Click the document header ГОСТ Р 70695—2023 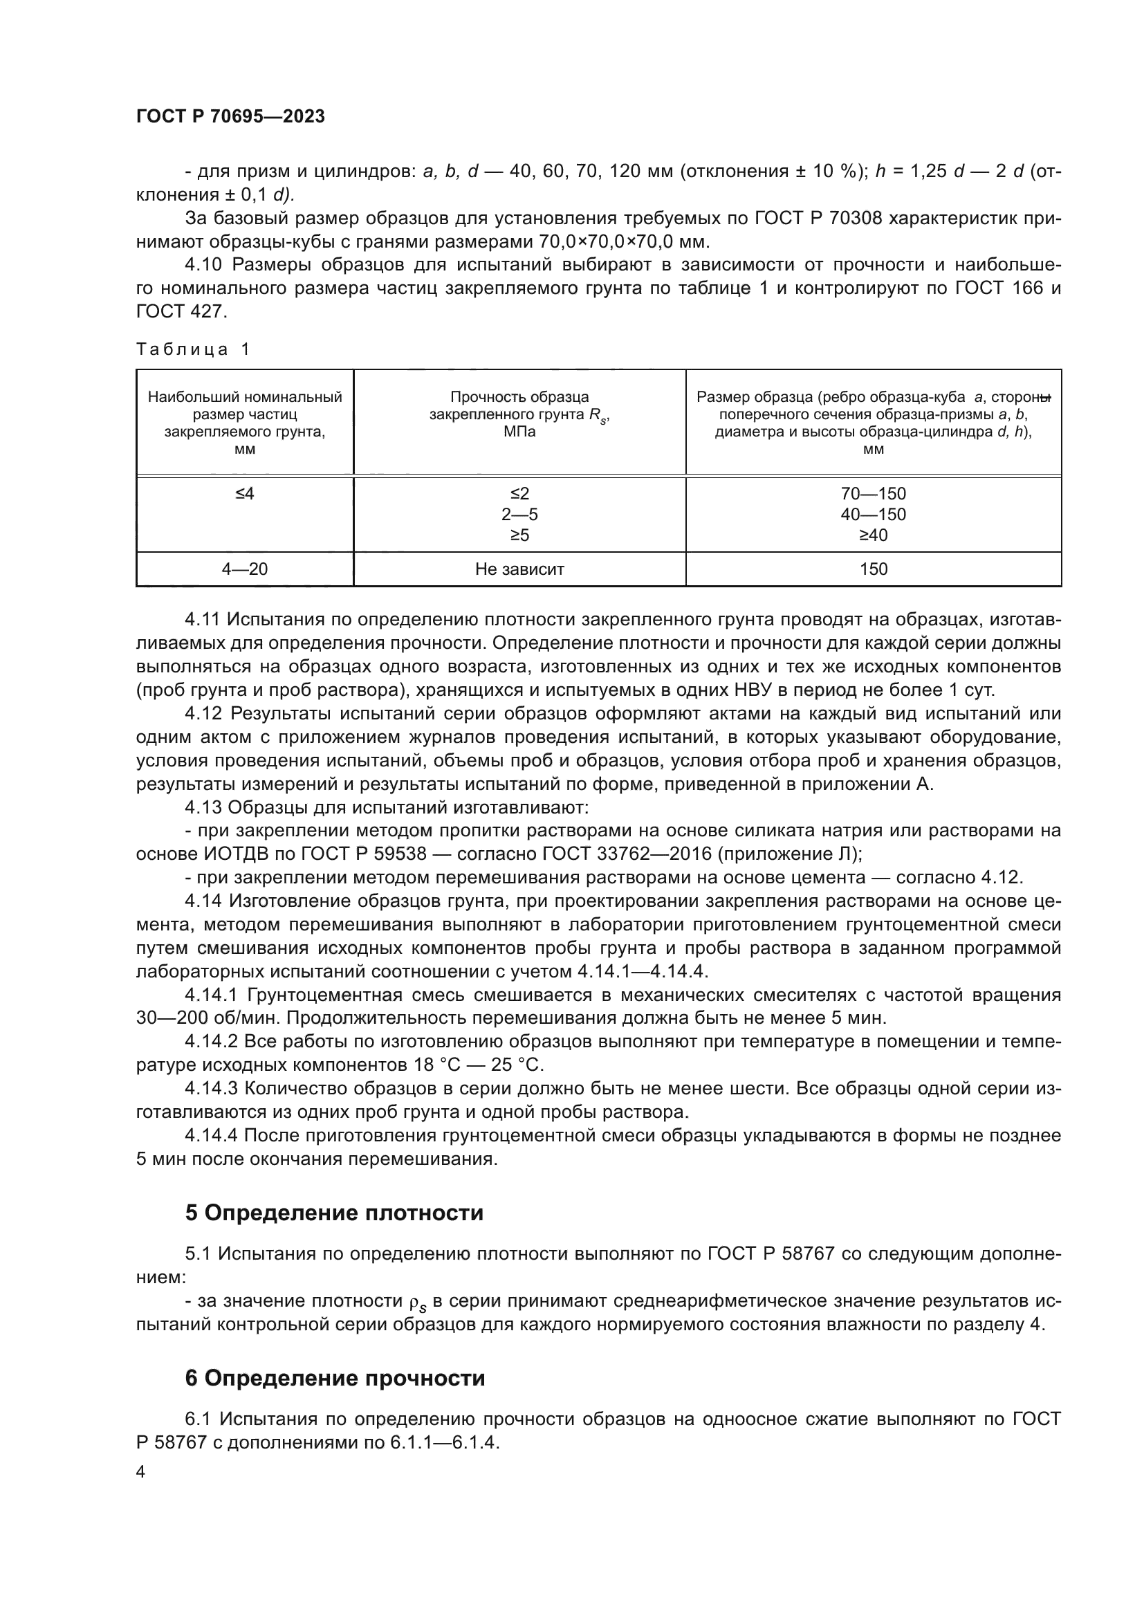pyautogui.click(x=230, y=117)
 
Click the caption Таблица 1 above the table pyautogui.click(x=193, y=349)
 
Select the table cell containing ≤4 pyautogui.click(x=244, y=494)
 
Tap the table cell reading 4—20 pyautogui.click(x=244, y=569)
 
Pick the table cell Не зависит pyautogui.click(x=519, y=569)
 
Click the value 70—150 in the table pyautogui.click(x=873, y=494)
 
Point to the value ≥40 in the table pyautogui.click(x=873, y=535)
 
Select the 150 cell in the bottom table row pyautogui.click(x=873, y=569)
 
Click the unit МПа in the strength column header pyautogui.click(x=519, y=432)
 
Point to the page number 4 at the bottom pyautogui.click(x=140, y=1472)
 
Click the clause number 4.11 pyautogui.click(x=203, y=619)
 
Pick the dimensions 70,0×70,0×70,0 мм pyautogui.click(x=624, y=241)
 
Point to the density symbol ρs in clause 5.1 pyautogui.click(x=418, y=1303)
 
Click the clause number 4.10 pyautogui.click(x=203, y=265)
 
